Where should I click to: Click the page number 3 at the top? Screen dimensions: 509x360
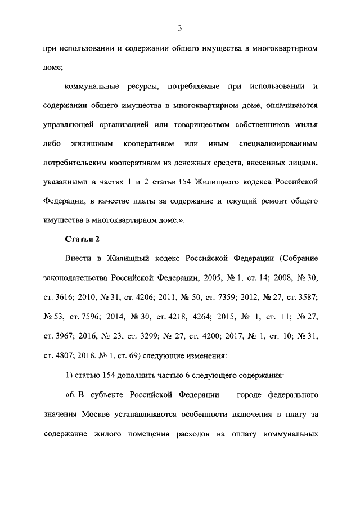tap(179, 28)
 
